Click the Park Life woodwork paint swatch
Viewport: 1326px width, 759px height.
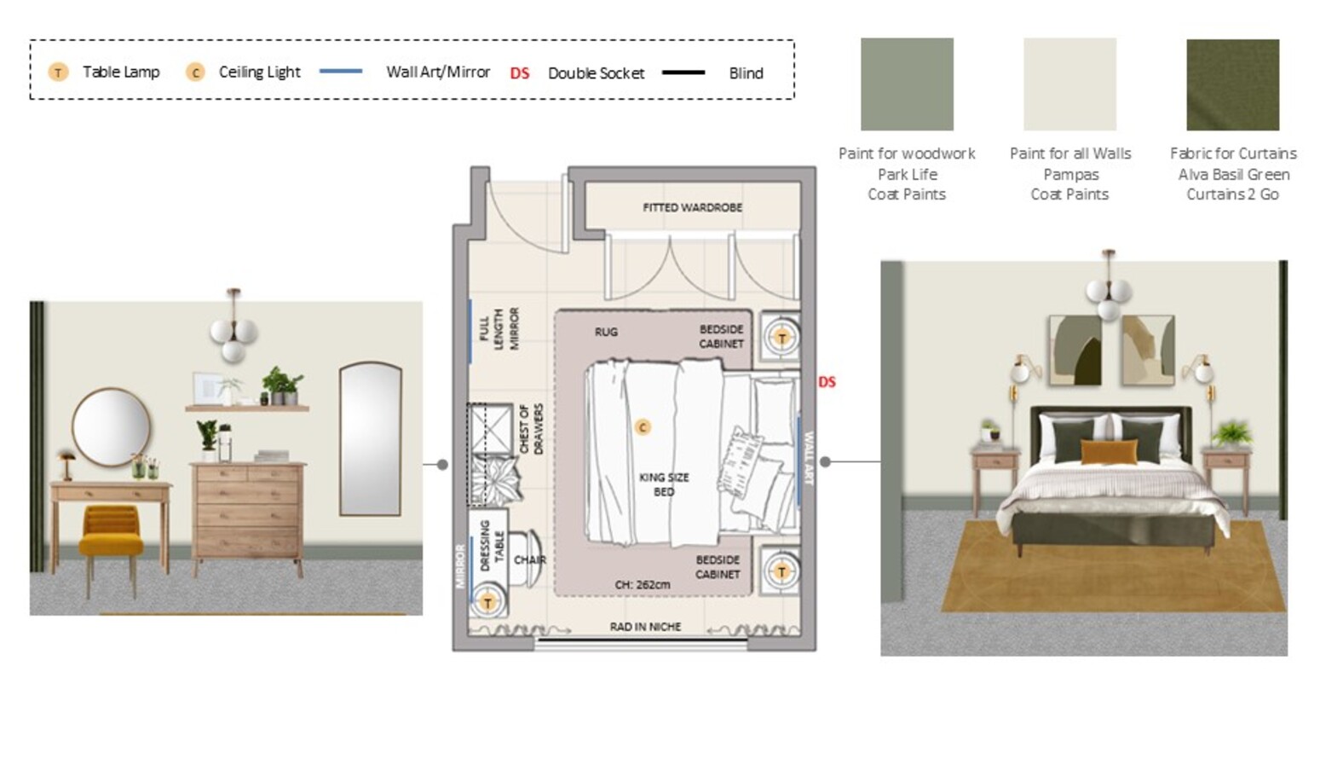[907, 84]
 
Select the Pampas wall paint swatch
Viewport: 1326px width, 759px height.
[1070, 84]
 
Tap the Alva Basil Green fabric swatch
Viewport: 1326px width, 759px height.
[1233, 84]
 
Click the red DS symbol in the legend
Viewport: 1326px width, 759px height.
[520, 72]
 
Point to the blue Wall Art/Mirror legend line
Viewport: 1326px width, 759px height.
[341, 71]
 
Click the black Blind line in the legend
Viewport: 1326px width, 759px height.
[683, 72]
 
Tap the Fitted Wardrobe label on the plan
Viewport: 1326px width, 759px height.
[693, 207]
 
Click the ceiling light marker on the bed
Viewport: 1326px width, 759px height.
[643, 427]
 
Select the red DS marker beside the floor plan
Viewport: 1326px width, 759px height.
[827, 382]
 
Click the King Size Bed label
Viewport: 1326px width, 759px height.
[664, 484]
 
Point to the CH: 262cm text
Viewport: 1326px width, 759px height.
[643, 585]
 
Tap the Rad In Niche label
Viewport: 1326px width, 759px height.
[645, 627]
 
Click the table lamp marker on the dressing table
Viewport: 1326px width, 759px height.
[487, 603]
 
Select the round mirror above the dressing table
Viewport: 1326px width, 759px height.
[112, 427]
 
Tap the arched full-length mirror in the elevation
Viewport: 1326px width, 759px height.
[371, 439]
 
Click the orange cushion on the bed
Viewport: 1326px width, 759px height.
[1109, 451]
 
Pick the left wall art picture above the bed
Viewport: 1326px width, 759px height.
[1075, 351]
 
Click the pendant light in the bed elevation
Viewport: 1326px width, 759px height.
[1109, 287]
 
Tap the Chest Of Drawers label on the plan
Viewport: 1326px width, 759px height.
[531, 430]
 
